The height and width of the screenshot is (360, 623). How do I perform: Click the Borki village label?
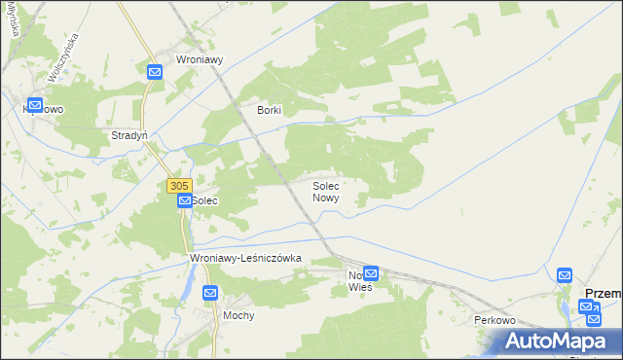269,110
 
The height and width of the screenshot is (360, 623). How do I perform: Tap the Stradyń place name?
129,136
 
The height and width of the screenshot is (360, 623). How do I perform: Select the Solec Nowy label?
325,191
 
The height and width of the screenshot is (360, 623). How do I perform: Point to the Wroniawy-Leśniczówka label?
246,258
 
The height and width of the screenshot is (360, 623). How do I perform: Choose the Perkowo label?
494,320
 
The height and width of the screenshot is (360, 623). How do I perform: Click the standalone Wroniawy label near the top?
200,59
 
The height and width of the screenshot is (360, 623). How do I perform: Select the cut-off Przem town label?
602,293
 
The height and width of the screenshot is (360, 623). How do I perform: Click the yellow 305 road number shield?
178,185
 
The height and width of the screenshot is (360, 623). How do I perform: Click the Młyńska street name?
14,19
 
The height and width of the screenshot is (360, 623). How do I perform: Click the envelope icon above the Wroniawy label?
156,71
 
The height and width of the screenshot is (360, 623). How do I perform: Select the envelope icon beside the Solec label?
185,200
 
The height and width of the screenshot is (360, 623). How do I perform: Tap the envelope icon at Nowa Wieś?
371,274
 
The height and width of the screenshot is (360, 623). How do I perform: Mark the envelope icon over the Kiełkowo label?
35,104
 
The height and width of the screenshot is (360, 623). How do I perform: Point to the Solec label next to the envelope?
204,200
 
